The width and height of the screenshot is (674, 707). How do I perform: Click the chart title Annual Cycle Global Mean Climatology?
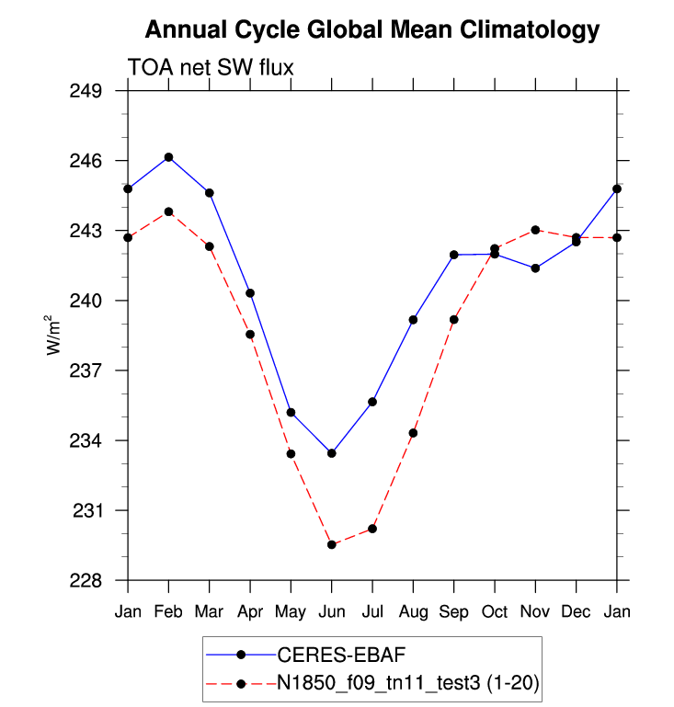click(372, 30)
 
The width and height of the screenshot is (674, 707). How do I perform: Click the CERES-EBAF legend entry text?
click(341, 655)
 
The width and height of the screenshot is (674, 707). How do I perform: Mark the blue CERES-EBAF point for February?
click(168, 157)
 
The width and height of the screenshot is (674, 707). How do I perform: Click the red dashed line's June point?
click(331, 545)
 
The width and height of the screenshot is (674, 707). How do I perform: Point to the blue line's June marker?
click(331, 453)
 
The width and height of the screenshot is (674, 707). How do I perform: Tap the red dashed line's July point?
click(372, 529)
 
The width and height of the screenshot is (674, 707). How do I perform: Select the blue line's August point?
click(413, 320)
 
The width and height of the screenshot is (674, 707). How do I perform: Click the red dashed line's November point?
click(535, 230)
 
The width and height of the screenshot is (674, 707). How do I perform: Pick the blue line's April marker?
click(250, 293)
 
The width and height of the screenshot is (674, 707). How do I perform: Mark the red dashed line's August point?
click(413, 433)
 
